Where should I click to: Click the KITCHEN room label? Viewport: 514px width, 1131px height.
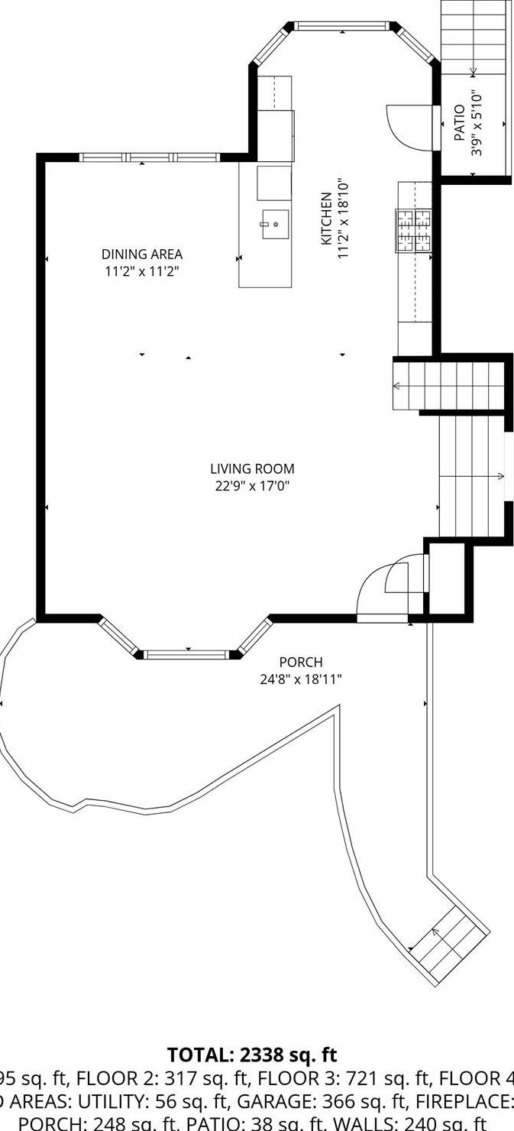[326, 219]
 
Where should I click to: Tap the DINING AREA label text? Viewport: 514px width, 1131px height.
[142, 254]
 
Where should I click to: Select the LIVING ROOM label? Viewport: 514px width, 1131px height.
[252, 469]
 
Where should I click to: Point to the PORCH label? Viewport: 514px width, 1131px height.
[300, 663]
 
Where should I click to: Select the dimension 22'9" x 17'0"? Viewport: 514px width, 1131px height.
[252, 486]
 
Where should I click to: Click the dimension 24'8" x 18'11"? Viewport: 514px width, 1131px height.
[300, 679]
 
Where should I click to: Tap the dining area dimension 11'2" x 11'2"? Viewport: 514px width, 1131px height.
[142, 271]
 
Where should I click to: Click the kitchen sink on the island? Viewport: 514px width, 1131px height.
[275, 224]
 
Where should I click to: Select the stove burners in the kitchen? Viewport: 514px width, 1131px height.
[413, 231]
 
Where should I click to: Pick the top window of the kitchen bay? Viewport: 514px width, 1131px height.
[341, 26]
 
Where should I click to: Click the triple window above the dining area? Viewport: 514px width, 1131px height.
[149, 157]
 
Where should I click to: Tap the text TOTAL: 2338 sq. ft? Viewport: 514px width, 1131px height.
[252, 1055]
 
